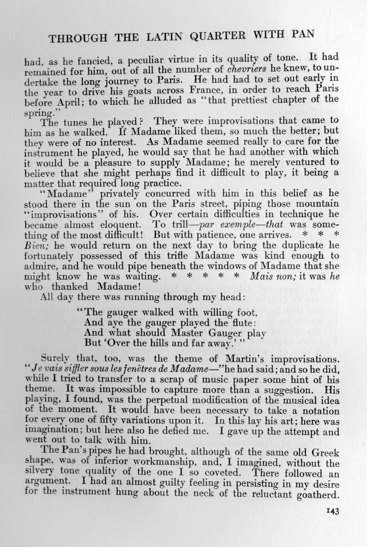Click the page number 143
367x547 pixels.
tap(332, 512)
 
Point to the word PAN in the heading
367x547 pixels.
tap(304, 34)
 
